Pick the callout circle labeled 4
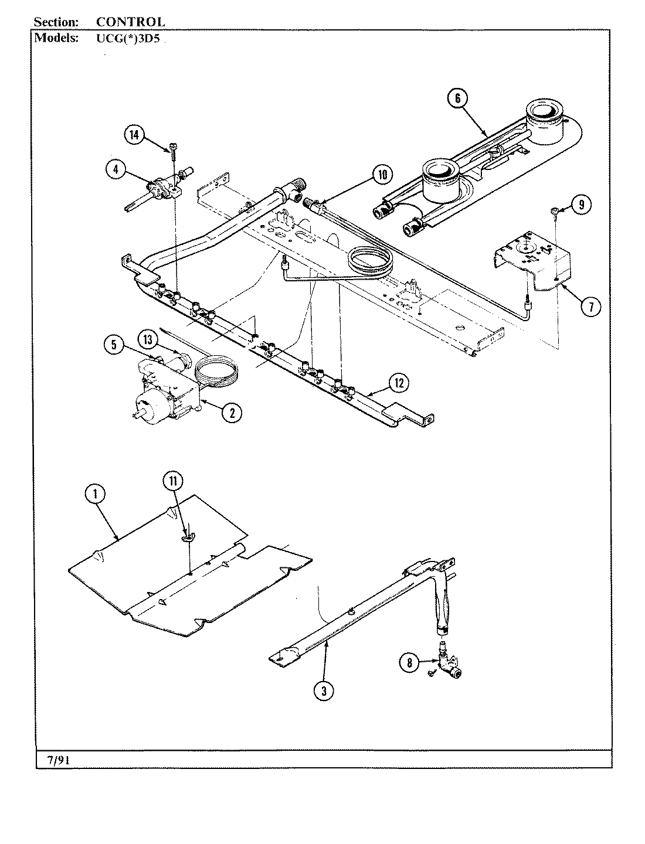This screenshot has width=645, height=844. (x=116, y=170)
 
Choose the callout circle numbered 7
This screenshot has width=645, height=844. (x=591, y=305)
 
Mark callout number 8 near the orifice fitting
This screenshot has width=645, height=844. (x=409, y=663)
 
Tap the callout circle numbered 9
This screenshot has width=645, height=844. (x=580, y=205)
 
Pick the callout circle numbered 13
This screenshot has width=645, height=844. (x=148, y=339)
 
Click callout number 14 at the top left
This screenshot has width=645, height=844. (x=134, y=135)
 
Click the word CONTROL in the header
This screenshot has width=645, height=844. (x=130, y=22)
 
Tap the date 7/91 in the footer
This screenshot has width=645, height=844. (x=58, y=760)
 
